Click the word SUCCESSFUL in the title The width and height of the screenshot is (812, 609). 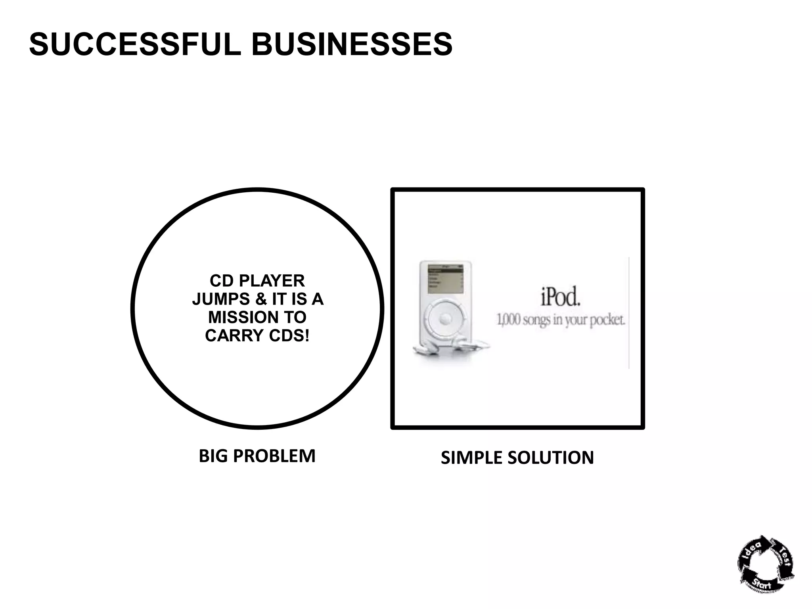pos(135,44)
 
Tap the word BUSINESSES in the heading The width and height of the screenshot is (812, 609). pos(352,44)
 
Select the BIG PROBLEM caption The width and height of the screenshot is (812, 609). pos(257,456)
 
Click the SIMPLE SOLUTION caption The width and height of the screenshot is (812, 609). pos(517,458)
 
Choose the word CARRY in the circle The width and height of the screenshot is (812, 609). pos(234,335)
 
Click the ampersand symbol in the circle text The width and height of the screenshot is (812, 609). pos(261,299)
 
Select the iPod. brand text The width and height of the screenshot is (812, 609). pos(560,297)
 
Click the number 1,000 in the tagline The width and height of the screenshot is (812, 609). pos(508,320)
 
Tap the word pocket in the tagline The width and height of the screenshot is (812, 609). pos(607,320)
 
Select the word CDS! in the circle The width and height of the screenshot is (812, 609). pos(289,335)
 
